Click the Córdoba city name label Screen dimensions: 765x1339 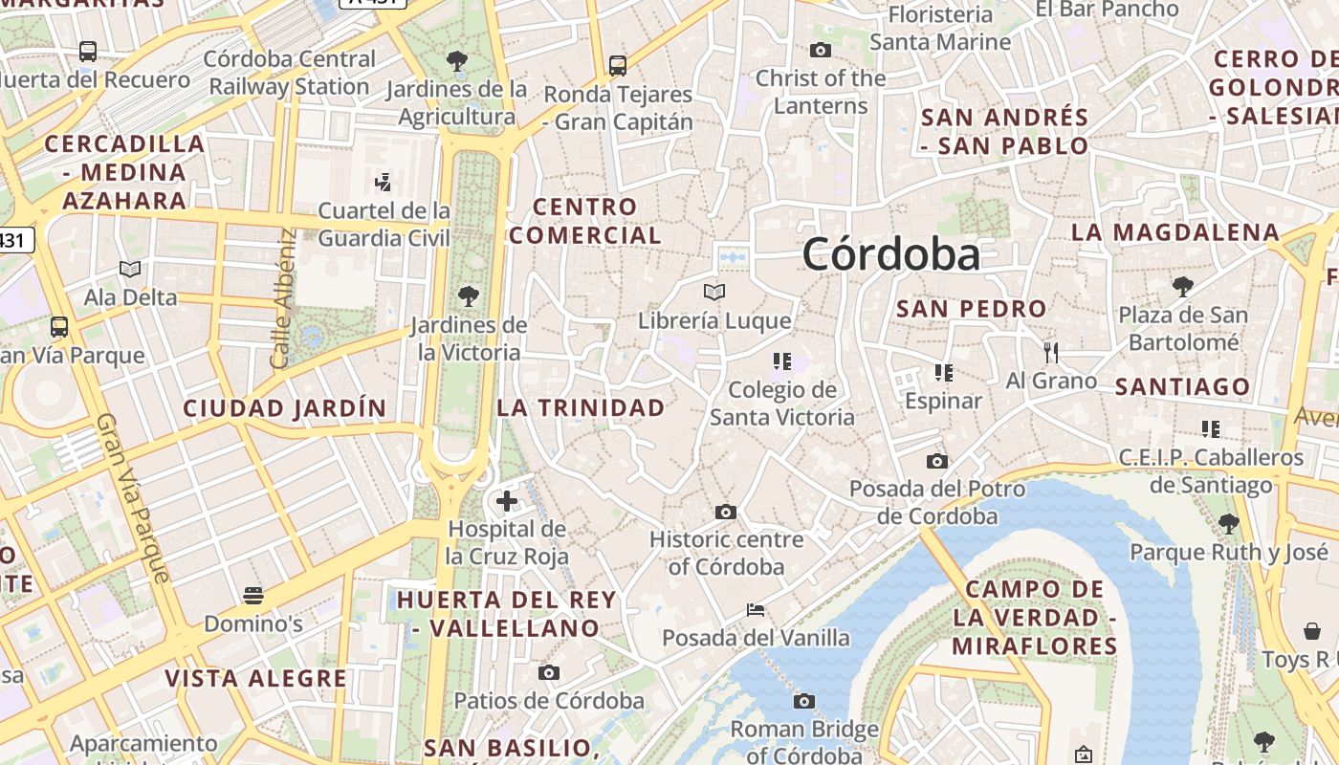(x=890, y=254)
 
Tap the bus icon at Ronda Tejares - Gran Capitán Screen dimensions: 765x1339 (x=618, y=66)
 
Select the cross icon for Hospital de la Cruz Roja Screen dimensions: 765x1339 (x=507, y=500)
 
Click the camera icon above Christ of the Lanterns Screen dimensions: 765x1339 (x=820, y=50)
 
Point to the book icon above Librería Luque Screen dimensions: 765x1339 (x=713, y=292)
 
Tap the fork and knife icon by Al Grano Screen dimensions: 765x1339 (x=1051, y=352)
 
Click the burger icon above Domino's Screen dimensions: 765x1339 (x=253, y=596)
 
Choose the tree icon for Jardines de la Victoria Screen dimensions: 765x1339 (x=468, y=295)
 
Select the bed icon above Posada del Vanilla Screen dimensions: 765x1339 (x=756, y=609)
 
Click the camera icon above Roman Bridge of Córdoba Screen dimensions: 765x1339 (x=803, y=702)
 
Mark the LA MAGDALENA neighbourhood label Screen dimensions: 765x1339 (x=1174, y=232)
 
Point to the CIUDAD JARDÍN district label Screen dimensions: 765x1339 (x=285, y=408)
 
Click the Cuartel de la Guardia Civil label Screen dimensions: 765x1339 (x=384, y=224)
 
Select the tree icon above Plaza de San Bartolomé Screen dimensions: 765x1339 (x=1183, y=286)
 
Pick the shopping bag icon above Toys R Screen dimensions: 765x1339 (x=1312, y=630)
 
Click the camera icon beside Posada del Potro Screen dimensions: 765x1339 (x=937, y=462)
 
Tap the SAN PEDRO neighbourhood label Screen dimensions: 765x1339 (x=971, y=309)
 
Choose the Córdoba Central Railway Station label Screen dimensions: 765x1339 (x=289, y=73)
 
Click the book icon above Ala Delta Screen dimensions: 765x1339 (x=130, y=269)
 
